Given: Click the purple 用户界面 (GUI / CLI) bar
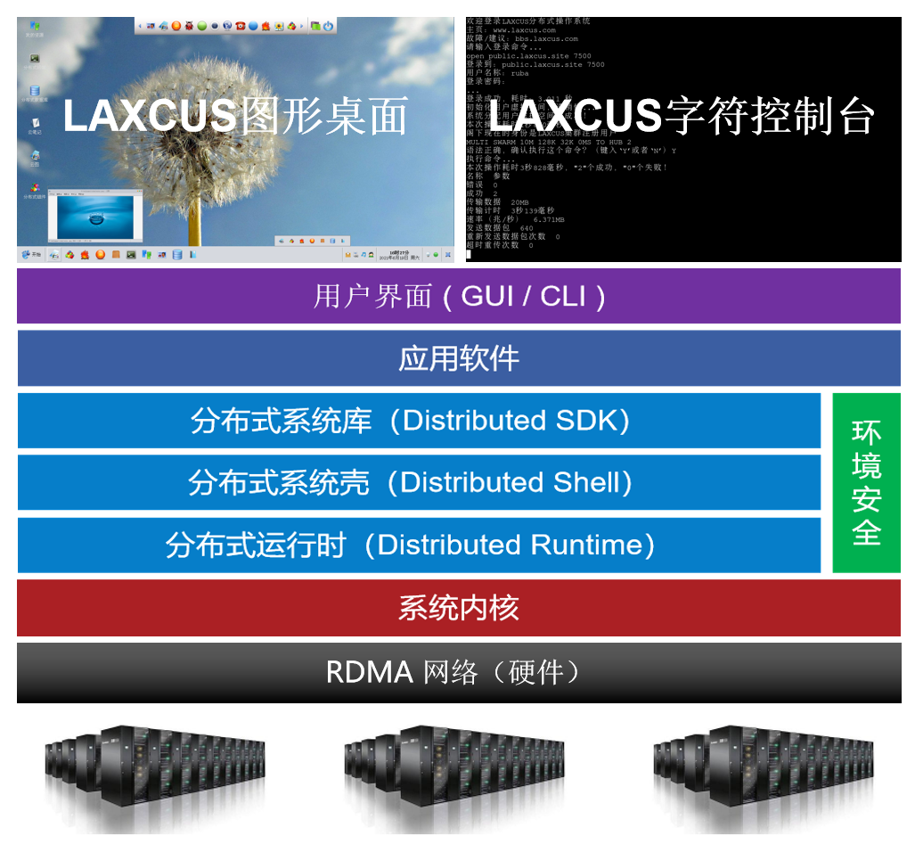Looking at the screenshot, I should point(458,296).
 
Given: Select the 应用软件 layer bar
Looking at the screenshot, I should point(458,358).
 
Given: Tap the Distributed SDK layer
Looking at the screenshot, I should point(419,421).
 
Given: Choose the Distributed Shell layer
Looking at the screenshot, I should point(419,483).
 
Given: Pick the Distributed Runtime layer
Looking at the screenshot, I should point(419,546).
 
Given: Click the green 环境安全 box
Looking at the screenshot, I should point(866,482).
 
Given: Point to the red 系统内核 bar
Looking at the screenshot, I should point(458,609).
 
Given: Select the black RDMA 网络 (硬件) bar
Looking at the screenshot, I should point(458,672).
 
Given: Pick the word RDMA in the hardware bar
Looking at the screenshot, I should point(369,672).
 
